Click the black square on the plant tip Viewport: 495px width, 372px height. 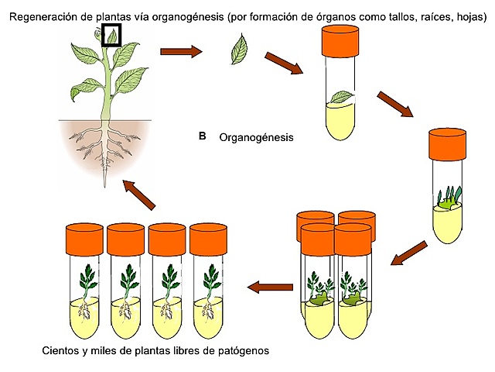point(112,35)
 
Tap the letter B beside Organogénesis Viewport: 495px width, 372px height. point(202,136)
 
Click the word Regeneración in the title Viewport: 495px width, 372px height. point(39,9)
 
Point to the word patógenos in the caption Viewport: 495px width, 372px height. point(244,351)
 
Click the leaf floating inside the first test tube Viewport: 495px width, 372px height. point(341,97)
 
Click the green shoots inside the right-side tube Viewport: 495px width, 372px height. point(449,199)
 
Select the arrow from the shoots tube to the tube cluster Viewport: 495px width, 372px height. point(408,253)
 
